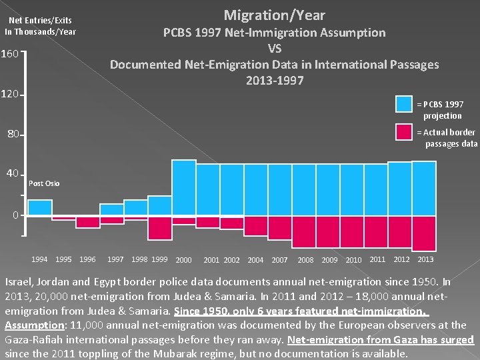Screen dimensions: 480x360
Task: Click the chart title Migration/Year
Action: [274, 15]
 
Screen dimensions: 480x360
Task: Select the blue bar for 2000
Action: [184, 187]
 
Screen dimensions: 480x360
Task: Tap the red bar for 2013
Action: [424, 233]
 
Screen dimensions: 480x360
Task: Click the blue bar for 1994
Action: [40, 207]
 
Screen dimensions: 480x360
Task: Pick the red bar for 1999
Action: [160, 228]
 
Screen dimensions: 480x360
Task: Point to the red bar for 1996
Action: [88, 222]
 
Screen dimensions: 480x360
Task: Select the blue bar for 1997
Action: [112, 209]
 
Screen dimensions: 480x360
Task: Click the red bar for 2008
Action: [304, 232]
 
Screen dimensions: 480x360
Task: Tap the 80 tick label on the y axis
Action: [13, 134]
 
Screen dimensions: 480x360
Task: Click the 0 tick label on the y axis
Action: [15, 215]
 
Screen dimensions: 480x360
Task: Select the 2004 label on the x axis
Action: [255, 260]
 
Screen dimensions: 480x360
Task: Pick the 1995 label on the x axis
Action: [63, 259]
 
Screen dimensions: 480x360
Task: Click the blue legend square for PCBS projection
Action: [404, 104]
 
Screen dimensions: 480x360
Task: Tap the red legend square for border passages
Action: [404, 132]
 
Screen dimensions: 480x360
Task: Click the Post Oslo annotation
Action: [44, 183]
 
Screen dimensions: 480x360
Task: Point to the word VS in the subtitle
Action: [275, 49]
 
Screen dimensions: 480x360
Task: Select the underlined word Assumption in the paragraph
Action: [35, 325]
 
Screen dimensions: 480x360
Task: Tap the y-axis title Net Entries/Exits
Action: [40, 21]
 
